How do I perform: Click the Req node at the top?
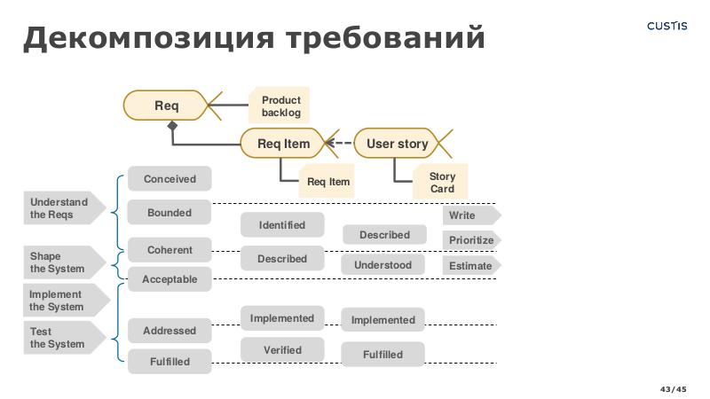(x=167, y=106)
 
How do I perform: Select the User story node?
(x=397, y=144)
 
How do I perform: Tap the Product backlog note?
(x=280, y=106)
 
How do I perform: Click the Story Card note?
(x=441, y=183)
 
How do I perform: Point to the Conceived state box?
(x=170, y=178)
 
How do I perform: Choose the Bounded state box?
(x=170, y=213)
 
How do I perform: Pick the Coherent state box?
(x=170, y=250)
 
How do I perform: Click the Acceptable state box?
(x=170, y=279)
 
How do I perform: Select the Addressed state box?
(x=170, y=331)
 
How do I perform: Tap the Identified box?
(x=282, y=225)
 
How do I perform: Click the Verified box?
(x=282, y=350)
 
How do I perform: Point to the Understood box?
(x=383, y=265)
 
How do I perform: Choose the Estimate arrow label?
(x=469, y=265)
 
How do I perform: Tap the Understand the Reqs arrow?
(x=60, y=208)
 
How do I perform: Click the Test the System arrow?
(x=60, y=338)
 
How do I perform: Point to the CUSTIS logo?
(x=667, y=26)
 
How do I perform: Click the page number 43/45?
(x=673, y=389)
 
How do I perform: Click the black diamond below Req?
(x=173, y=127)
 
